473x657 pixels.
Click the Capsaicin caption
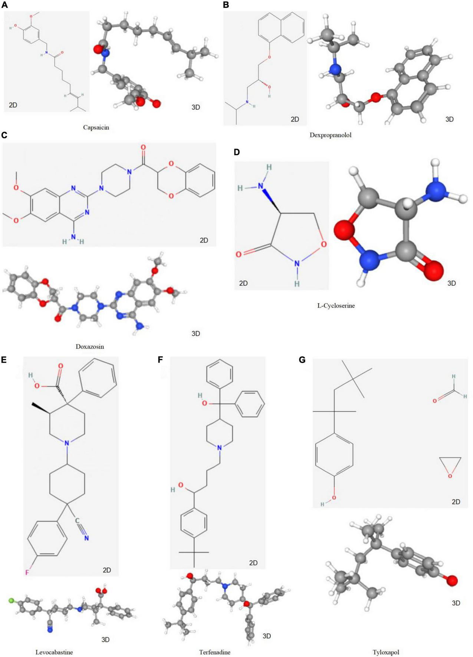[x=96, y=128]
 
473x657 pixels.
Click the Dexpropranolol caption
[x=330, y=135]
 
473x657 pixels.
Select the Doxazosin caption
[x=90, y=347]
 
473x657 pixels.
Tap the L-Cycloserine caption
[x=336, y=306]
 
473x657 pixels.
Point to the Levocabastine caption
[x=54, y=652]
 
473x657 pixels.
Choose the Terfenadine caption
[x=214, y=652]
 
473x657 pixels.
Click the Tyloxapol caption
[x=386, y=652]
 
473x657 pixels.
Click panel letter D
[x=237, y=152]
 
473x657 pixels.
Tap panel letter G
[x=302, y=360]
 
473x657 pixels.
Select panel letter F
[x=160, y=360]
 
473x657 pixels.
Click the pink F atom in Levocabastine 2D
[x=27, y=572]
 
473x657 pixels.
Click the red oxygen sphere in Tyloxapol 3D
[x=451, y=580]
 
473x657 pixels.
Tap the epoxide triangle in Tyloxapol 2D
[x=450, y=466]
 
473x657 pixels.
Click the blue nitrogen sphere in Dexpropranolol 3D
[x=335, y=69]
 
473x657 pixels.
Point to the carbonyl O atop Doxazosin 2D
[x=143, y=148]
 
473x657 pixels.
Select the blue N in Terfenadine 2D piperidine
[x=220, y=448]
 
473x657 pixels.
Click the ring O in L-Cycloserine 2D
[x=324, y=244]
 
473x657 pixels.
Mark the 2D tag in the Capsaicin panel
[x=13, y=105]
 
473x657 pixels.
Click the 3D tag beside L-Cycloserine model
[x=451, y=283]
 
